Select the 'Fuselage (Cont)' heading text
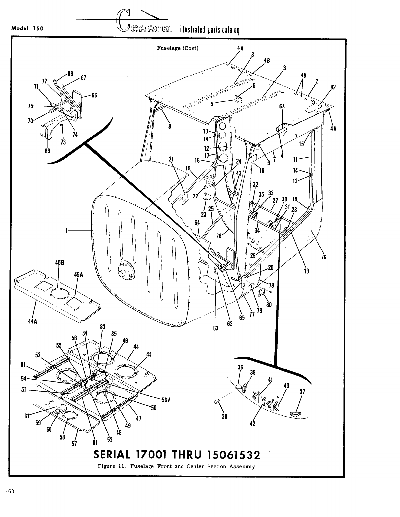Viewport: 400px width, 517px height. pos(178,48)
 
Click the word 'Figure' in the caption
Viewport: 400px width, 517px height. pos(105,466)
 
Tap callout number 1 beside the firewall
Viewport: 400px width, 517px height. pos(67,231)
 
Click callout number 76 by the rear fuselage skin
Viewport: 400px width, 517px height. pos(324,257)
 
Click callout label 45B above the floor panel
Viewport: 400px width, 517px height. pos(59,263)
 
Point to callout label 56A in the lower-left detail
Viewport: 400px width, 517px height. pos(166,400)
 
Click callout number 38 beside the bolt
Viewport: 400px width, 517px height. pos(225,416)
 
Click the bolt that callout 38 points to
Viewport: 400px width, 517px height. pos(216,402)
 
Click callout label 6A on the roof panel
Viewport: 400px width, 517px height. pos(282,106)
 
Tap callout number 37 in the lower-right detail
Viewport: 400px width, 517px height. pos(302,392)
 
